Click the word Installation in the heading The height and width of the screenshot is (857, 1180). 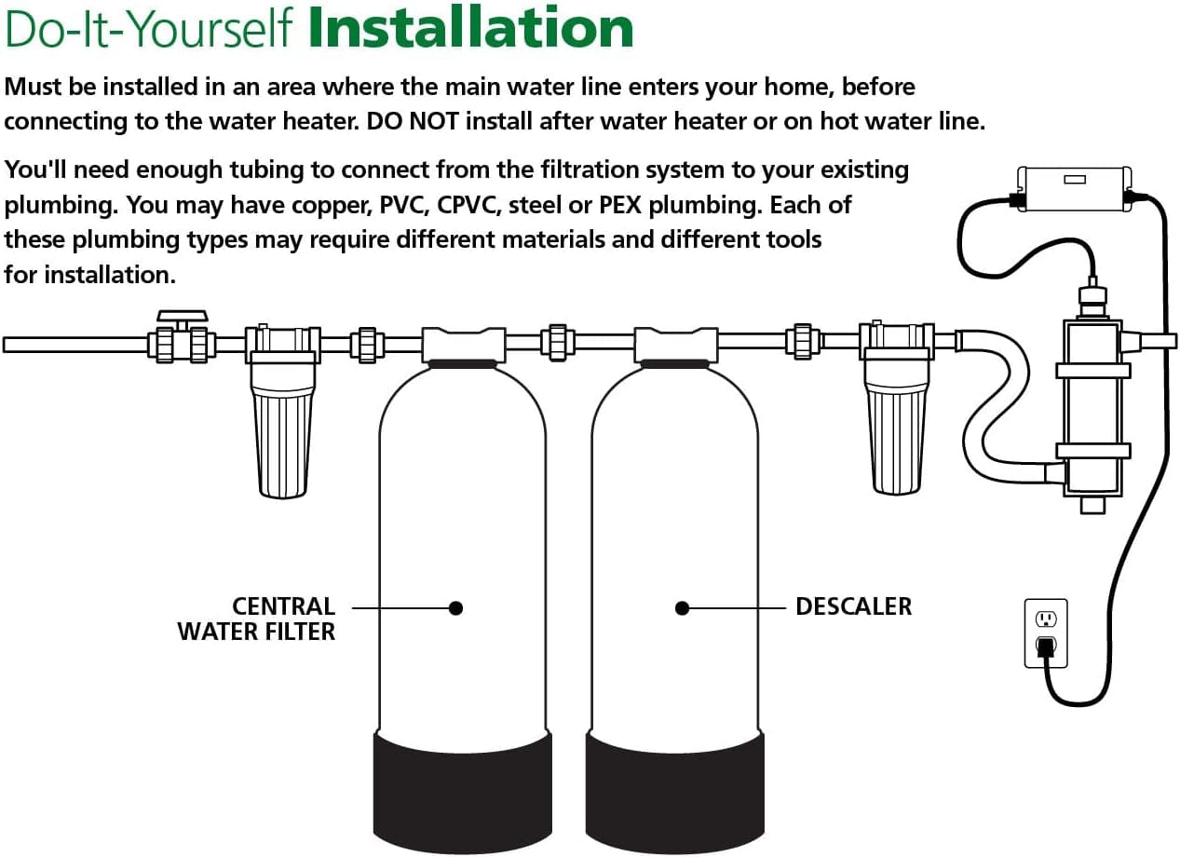[470, 27]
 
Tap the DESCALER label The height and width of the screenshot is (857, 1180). [853, 606]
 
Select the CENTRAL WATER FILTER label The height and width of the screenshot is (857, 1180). [256, 619]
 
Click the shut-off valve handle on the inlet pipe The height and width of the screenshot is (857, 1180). [183, 317]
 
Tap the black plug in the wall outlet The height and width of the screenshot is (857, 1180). [1046, 646]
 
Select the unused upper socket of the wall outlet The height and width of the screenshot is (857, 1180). [1046, 619]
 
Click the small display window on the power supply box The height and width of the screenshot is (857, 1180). [1075, 180]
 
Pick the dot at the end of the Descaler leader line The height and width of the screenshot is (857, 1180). [682, 608]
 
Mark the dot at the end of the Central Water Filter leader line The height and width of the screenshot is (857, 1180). [456, 608]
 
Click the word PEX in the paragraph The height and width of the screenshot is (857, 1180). [620, 205]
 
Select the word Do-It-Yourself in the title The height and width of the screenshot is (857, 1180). [148, 29]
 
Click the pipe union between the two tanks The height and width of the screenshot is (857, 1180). [558, 343]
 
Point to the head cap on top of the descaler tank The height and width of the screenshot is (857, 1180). [676, 346]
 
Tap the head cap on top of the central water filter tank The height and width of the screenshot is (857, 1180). [464, 346]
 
